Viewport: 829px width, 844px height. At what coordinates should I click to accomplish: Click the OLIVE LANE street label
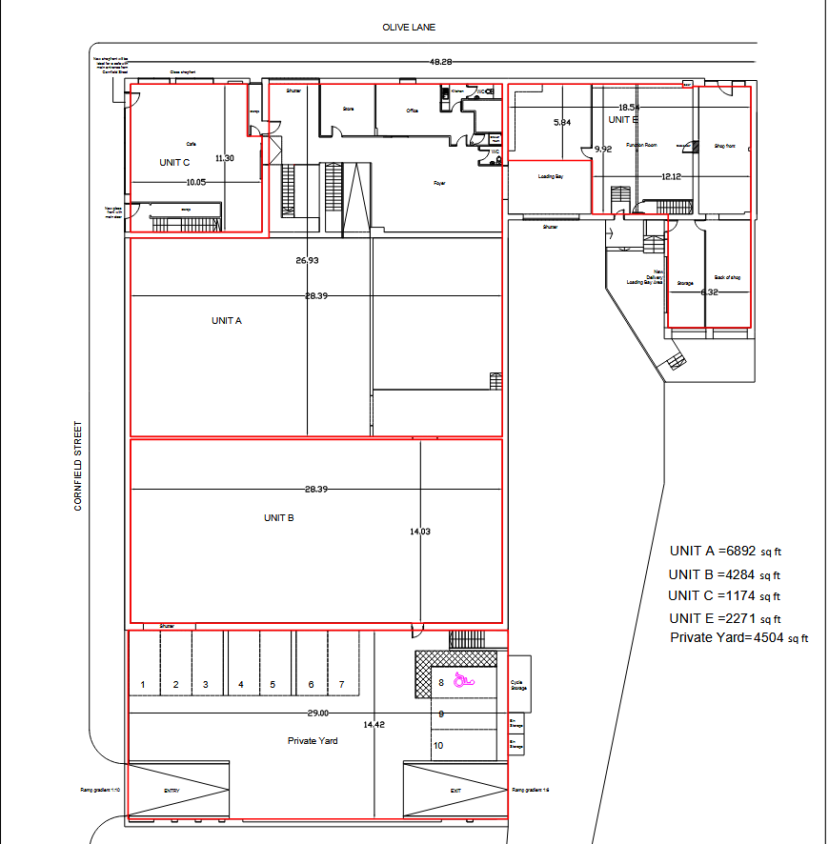[x=409, y=28]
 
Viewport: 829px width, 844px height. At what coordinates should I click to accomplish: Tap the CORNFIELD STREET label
[x=78, y=466]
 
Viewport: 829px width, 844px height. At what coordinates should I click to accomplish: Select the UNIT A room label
[x=227, y=321]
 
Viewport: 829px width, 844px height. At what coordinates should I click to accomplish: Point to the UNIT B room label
[x=278, y=518]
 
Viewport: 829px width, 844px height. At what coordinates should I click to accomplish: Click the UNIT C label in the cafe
[x=174, y=163]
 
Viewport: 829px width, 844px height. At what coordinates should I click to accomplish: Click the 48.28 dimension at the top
[x=440, y=62]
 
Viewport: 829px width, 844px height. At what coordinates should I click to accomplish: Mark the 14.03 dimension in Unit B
[x=419, y=532]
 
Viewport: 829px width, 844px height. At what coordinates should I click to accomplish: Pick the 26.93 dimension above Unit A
[x=307, y=260]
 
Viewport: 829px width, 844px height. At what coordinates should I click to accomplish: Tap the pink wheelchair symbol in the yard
[x=464, y=680]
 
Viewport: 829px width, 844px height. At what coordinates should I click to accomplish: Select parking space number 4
[x=241, y=685]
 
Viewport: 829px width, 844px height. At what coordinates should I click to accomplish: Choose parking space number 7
[x=341, y=685]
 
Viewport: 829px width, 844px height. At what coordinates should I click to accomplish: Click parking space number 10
[x=438, y=746]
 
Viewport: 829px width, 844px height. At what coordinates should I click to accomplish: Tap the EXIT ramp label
[x=455, y=791]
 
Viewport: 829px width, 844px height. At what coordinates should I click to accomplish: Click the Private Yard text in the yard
[x=313, y=740]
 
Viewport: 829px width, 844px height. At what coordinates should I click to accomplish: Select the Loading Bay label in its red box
[x=550, y=177]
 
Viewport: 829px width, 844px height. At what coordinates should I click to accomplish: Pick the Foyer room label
[x=439, y=183]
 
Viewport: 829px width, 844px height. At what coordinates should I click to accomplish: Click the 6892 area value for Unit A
[x=740, y=551]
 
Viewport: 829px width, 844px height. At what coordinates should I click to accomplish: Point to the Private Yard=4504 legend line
[x=738, y=638]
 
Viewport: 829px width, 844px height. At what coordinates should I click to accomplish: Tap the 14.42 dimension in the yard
[x=374, y=725]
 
